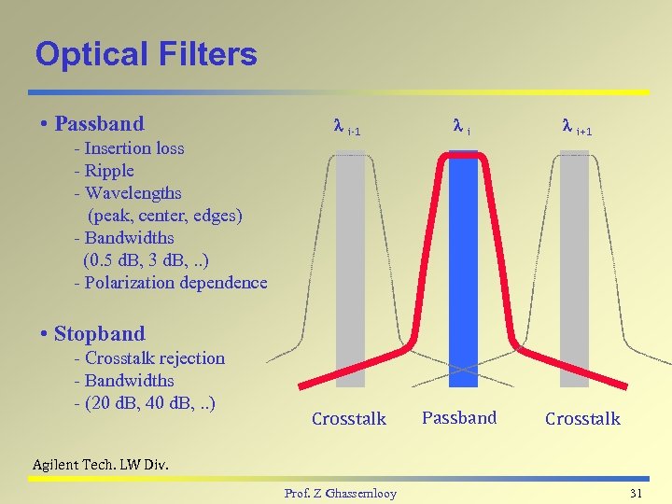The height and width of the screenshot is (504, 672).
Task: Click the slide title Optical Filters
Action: click(146, 54)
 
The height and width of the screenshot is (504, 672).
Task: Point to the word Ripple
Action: click(109, 170)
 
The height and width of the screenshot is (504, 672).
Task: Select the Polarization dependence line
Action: click(170, 282)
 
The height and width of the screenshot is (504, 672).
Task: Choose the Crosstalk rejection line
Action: click(149, 357)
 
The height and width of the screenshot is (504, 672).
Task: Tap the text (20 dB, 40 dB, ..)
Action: click(150, 402)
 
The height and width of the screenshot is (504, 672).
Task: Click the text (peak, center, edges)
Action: click(165, 215)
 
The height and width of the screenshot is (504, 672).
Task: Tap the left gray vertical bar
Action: click(350, 271)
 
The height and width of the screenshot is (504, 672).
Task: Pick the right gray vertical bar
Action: click(575, 271)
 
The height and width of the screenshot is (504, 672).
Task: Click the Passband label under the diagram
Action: click(459, 417)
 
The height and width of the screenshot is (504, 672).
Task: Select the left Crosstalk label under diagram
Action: click(348, 418)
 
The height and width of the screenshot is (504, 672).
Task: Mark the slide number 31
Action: click(637, 492)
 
